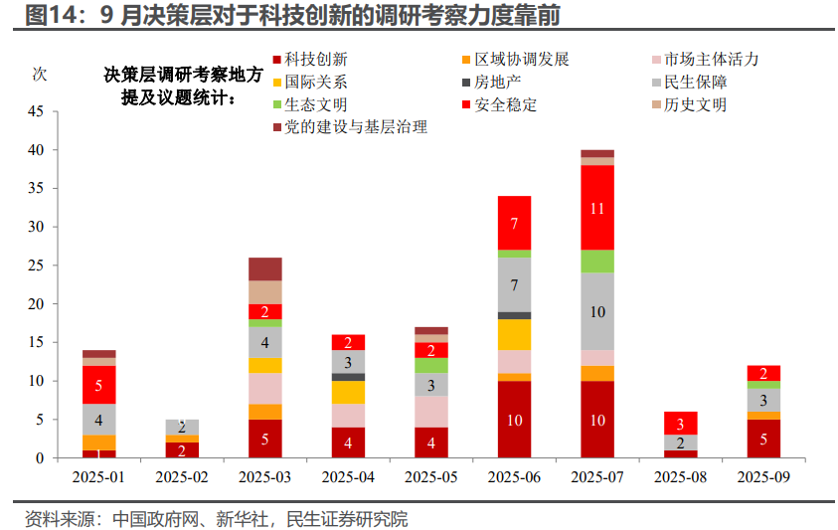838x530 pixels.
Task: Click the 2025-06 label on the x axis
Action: click(x=514, y=477)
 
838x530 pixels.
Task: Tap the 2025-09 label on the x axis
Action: click(x=763, y=477)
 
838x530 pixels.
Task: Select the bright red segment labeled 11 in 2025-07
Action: click(x=597, y=208)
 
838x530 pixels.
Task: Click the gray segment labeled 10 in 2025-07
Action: click(x=597, y=311)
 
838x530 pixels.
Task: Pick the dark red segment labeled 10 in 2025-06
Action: click(x=514, y=420)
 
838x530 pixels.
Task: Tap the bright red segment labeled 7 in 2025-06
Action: click(x=514, y=223)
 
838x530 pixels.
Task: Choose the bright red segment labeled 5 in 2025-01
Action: click(x=98, y=385)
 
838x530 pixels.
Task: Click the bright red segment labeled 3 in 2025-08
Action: click(x=680, y=424)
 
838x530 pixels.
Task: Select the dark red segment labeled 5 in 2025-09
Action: click(x=763, y=439)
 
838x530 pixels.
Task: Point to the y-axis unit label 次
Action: click(x=40, y=74)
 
